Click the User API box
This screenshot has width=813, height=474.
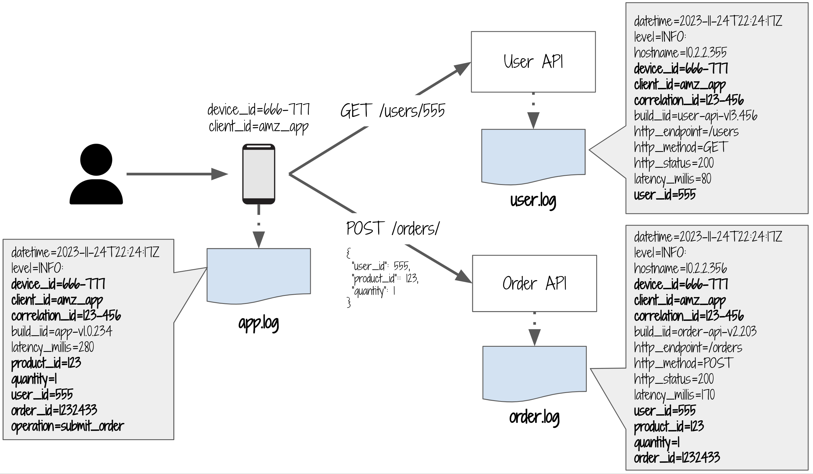click(x=533, y=62)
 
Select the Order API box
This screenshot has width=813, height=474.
click(x=535, y=284)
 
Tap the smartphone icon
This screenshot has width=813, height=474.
click(x=259, y=174)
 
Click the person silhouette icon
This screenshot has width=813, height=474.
click(x=96, y=174)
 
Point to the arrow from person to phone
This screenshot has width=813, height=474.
click(x=177, y=174)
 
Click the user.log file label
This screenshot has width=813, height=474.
click(x=533, y=201)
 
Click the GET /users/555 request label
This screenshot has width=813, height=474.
click(x=393, y=111)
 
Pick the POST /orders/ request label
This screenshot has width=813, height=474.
click(x=393, y=229)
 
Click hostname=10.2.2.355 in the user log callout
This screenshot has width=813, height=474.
click(x=680, y=52)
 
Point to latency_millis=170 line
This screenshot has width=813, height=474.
click(x=674, y=395)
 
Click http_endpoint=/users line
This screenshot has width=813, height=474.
click(x=686, y=132)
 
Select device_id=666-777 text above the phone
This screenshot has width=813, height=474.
click(x=259, y=110)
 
